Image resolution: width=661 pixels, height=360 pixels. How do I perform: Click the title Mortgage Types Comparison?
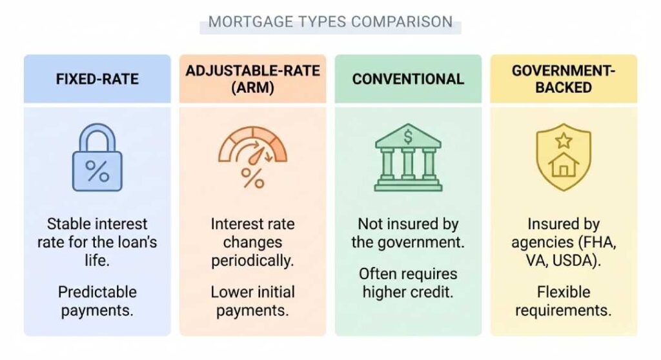330,21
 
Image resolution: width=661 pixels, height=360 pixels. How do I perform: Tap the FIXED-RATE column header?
97,79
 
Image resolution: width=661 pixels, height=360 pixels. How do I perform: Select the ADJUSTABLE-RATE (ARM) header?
252,79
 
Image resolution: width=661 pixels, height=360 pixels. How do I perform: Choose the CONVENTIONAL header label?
408,79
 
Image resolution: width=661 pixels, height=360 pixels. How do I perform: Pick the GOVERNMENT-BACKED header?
563,79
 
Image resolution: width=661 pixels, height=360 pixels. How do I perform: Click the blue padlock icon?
97,159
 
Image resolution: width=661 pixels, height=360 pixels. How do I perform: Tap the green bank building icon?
408,158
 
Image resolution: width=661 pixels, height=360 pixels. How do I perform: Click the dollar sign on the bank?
408,136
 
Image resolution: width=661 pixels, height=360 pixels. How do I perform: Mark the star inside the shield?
564,140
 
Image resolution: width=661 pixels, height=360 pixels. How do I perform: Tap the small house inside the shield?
564,166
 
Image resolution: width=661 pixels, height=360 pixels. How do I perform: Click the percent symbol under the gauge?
252,177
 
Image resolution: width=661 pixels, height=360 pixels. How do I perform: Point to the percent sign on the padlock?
97,171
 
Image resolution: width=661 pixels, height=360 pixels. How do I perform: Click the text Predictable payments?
97,301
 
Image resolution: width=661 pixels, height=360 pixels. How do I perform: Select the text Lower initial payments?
252,301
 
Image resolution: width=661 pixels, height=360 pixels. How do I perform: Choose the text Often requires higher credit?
408,283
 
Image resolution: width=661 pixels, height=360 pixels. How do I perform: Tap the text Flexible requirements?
564,301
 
